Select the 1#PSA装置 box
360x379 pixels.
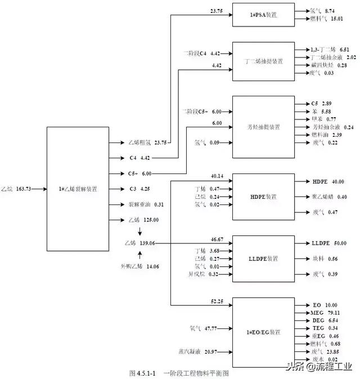[x=264, y=14]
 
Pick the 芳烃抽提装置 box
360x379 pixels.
[x=264, y=127]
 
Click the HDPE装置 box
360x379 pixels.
[x=264, y=197]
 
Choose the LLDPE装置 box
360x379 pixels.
[x=264, y=258]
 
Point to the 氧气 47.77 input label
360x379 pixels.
[x=203, y=327]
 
